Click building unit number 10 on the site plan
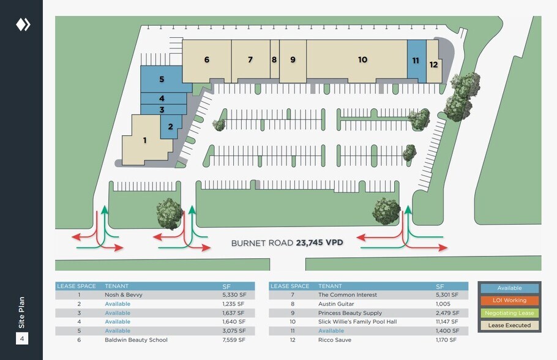362,59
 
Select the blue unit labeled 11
416,60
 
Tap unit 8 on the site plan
274,60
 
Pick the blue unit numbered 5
162,79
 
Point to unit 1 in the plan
144,140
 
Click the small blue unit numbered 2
170,127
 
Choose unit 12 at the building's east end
433,64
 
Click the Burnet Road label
263,242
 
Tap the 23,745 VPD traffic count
319,242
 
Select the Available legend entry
509,288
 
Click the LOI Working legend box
509,301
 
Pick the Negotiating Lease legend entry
509,313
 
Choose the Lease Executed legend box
509,325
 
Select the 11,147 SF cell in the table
446,321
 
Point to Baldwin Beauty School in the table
136,340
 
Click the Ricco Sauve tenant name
334,340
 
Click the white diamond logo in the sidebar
23,24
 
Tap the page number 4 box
22,338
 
